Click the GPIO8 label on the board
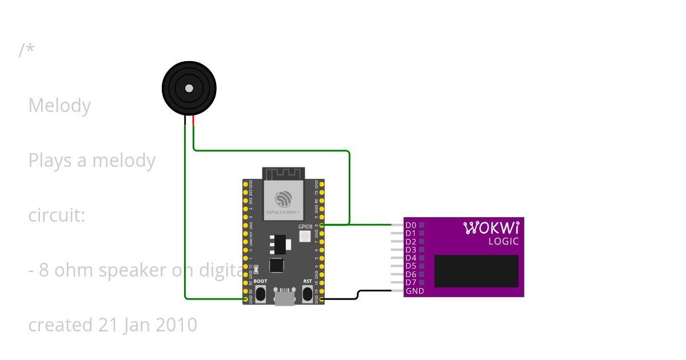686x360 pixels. click(305, 226)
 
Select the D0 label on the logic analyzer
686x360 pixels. click(410, 225)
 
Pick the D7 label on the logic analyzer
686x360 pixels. click(410, 282)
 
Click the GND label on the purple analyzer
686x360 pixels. click(414, 291)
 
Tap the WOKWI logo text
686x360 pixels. click(491, 228)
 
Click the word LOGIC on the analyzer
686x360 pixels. click(503, 242)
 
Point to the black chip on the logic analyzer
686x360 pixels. click(476, 271)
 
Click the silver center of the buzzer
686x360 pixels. click(189, 88)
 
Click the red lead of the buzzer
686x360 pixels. click(194, 121)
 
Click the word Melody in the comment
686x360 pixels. click(59, 106)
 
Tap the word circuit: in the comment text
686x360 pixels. click(57, 215)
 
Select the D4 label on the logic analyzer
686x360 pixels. click(410, 258)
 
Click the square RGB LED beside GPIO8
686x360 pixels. click(305, 235)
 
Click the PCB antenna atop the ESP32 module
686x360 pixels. click(284, 173)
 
